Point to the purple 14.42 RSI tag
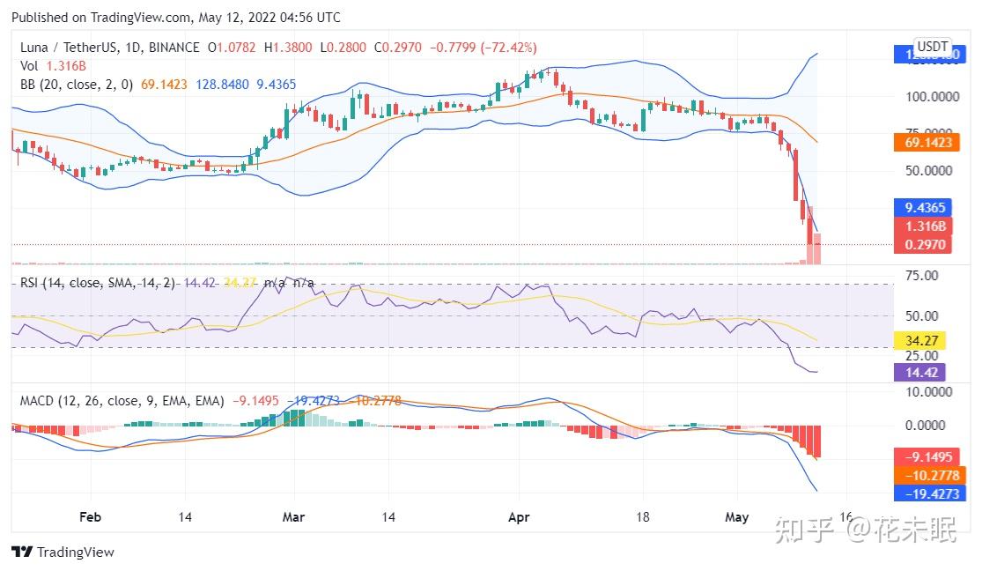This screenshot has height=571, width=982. [919, 373]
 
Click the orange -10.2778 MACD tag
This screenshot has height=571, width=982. [931, 476]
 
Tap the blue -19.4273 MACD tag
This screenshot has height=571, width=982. [931, 493]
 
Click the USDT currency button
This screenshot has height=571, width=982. [932, 47]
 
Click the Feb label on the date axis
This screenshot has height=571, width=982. [90, 517]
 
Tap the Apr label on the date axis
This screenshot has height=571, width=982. [519, 517]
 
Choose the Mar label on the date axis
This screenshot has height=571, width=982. [293, 517]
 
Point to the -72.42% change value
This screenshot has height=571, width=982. [506, 48]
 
